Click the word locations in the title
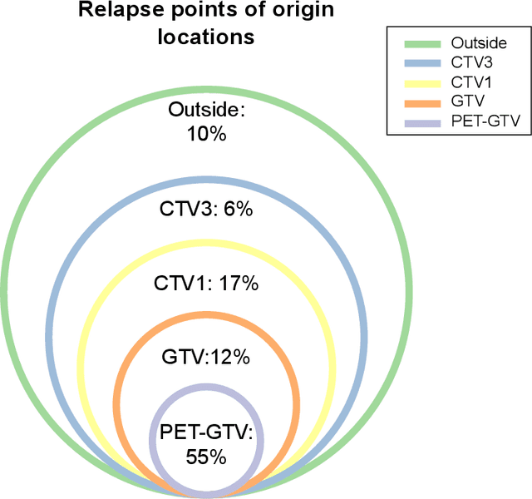[206, 37]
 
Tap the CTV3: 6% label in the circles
[206, 210]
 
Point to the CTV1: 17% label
[206, 284]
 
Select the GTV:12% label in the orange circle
[206, 357]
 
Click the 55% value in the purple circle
[206, 456]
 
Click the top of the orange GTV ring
[206, 314]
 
